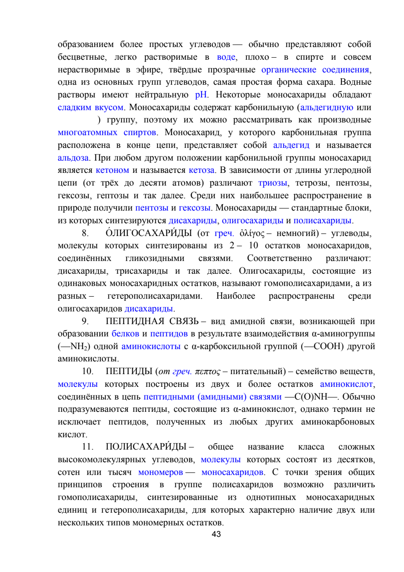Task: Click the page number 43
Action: point(216,534)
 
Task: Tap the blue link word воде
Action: point(226,57)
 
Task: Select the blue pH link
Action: point(201,95)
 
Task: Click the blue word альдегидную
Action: point(327,108)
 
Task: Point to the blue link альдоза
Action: point(73,158)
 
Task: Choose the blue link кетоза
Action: point(201,170)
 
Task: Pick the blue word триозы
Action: point(273,183)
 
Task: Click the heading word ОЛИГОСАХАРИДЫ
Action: point(149,233)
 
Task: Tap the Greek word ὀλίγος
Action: point(252,233)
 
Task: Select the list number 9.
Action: point(85,321)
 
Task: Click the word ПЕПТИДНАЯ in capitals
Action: point(135,321)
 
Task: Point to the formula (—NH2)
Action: point(74,347)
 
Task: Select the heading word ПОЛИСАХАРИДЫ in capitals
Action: point(146,447)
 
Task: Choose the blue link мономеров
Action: point(160,472)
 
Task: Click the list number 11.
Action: point(88,447)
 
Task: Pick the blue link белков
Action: point(125,334)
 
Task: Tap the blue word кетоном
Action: point(112,170)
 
